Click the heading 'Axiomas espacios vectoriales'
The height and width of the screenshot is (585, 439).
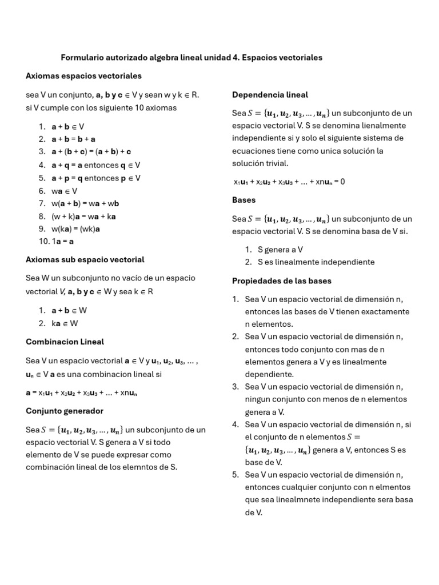click(83, 76)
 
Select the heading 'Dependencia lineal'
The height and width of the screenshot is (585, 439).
click(270, 95)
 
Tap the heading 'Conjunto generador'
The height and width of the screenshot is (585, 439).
click(65, 411)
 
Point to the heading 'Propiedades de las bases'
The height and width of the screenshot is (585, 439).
click(281, 281)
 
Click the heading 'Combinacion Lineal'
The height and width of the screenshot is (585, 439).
click(65, 342)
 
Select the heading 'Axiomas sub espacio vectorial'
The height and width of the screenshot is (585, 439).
click(85, 259)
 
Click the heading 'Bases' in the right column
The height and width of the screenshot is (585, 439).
click(244, 200)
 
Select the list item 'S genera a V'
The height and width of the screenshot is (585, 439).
click(280, 250)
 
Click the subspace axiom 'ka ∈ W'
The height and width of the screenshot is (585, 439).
click(65, 323)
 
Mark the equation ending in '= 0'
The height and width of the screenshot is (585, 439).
click(289, 182)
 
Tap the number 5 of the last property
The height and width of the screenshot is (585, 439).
click(235, 475)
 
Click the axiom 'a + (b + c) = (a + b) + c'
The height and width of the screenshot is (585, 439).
click(91, 152)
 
